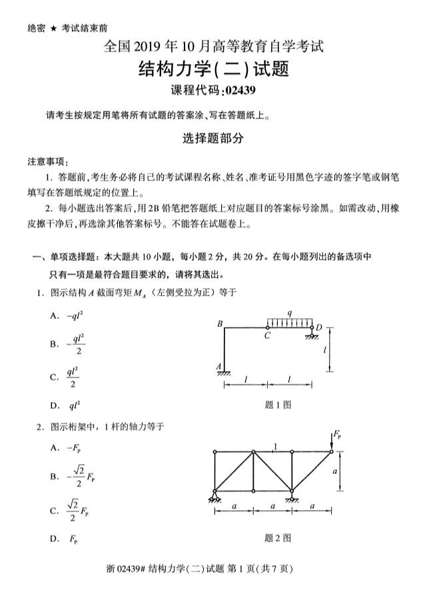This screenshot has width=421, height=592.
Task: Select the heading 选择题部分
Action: pos(210,139)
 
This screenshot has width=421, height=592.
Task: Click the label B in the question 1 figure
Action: pos(219,324)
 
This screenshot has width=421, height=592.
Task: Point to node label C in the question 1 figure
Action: pos(267,336)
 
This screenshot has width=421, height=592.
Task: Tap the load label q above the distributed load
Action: pos(289,312)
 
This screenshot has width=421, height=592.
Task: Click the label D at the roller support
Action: pos(318,328)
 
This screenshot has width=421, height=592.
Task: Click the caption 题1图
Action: pos(277,404)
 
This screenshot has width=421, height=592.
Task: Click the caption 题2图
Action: pos(277,538)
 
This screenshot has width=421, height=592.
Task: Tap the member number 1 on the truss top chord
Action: pos(276,445)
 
